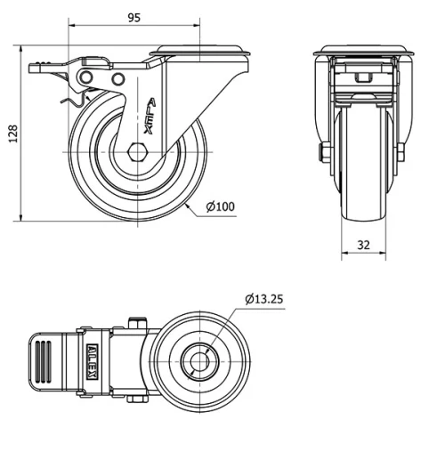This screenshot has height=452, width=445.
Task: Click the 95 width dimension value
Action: [134, 18]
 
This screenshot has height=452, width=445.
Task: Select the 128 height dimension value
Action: [12, 133]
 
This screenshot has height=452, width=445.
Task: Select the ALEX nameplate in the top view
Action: [93, 360]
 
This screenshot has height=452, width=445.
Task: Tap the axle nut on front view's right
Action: [402, 152]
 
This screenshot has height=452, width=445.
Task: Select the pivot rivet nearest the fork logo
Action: [117, 80]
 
